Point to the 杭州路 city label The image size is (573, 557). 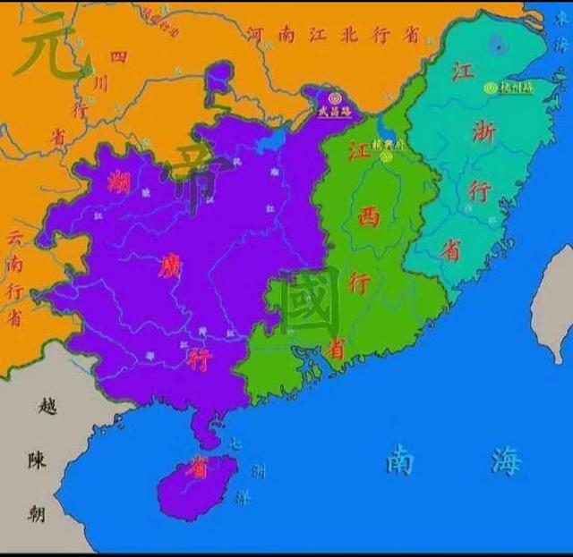(x=517, y=88)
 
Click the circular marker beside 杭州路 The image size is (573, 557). (x=490, y=88)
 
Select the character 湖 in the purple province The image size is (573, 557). (x=118, y=182)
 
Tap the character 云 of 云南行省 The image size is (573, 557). (x=14, y=239)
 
